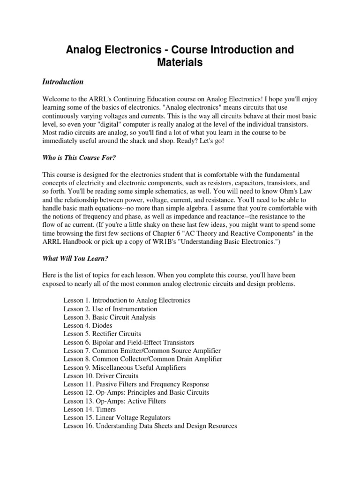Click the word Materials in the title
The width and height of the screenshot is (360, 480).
(180, 62)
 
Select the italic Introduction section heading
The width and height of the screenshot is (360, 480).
(63, 82)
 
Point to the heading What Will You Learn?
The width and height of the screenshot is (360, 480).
(75, 258)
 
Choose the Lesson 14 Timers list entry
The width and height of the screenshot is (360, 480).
(90, 409)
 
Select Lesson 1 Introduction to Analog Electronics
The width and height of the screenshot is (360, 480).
(127, 300)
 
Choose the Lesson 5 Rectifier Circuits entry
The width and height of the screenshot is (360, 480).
(102, 334)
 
